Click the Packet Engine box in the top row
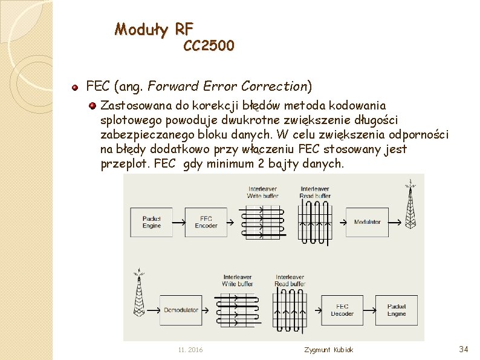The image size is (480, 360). coord(151,222)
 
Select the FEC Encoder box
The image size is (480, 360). coord(206,222)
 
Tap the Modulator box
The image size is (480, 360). coord(367,222)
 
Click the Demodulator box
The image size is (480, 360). coord(181,310)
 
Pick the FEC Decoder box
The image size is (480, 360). coord(342,310)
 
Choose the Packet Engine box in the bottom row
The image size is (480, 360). coord(396,310)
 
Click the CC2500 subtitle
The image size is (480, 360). coord(209,45)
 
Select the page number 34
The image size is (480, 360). coord(464,349)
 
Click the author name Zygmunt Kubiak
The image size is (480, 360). coord(329,350)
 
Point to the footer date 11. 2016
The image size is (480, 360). coord(190,350)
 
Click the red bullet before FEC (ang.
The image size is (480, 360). coord(75,87)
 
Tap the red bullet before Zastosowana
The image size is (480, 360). coord(92,105)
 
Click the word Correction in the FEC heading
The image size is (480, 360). coord(275,87)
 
